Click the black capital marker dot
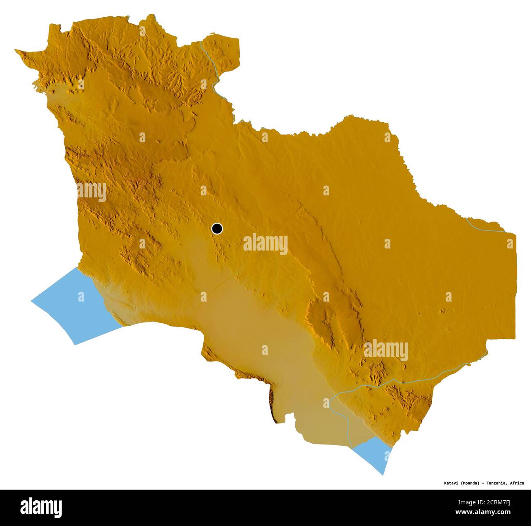[217, 228]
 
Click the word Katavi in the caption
[451, 483]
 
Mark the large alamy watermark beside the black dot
[265, 244]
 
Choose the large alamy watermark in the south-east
[386, 350]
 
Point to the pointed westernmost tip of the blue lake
[32, 302]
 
